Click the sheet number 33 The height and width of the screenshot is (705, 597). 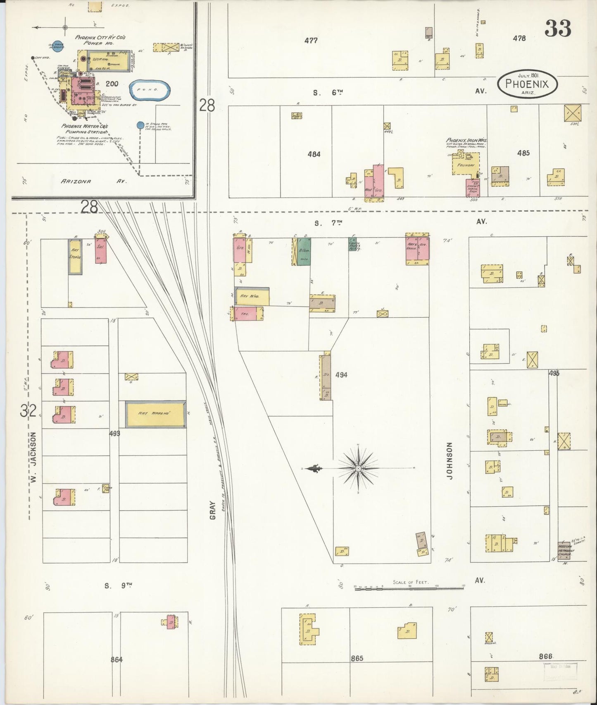pyautogui.click(x=558, y=29)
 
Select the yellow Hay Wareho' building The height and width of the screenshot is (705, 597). pyautogui.click(x=155, y=414)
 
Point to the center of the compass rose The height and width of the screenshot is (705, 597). pyautogui.click(x=358, y=468)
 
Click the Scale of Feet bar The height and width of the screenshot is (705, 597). pyautogui.click(x=409, y=586)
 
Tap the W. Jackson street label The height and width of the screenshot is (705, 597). pyautogui.click(x=33, y=457)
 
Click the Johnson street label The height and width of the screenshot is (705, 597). pyautogui.click(x=450, y=460)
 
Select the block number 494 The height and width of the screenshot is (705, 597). pyautogui.click(x=341, y=375)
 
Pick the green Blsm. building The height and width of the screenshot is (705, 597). pyautogui.click(x=304, y=252)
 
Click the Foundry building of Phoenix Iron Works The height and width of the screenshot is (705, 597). pyautogui.click(x=466, y=165)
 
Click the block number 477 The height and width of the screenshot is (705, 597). pyautogui.click(x=311, y=41)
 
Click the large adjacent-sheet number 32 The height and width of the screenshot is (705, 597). pyautogui.click(x=28, y=411)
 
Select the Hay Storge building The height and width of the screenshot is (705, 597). pyautogui.click(x=75, y=256)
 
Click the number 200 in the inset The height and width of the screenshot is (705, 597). pyautogui.click(x=112, y=84)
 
